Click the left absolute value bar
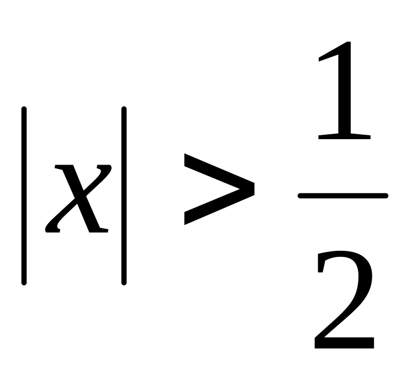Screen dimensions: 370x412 [24, 196]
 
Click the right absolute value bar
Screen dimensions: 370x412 [124, 196]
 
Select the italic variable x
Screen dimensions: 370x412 [77, 198]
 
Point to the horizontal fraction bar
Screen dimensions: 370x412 [342, 195]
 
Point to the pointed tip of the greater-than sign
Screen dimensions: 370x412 [253, 189]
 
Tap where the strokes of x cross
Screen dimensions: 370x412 [77, 198]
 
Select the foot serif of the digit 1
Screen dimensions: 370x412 [344, 135]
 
